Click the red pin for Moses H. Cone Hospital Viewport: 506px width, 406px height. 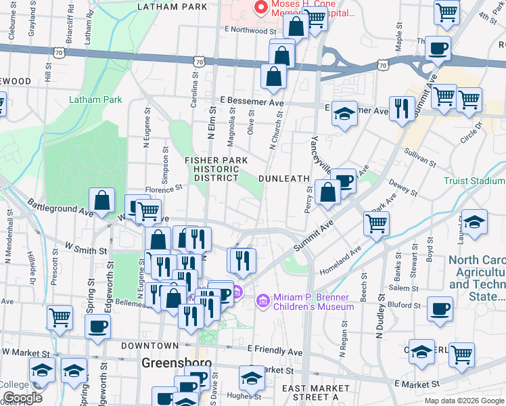pyautogui.click(x=259, y=8)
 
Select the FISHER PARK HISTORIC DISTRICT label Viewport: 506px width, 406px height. pyautogui.click(x=212, y=168)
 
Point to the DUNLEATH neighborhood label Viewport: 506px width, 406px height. pyautogui.click(x=284, y=178)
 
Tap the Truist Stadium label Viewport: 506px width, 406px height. pyautogui.click(x=474, y=181)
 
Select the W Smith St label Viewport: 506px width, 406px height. pyautogui.click(x=86, y=248)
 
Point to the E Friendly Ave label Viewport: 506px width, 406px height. pyautogui.click(x=275, y=352)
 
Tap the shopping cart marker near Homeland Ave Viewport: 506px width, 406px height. pyautogui.click(x=376, y=223)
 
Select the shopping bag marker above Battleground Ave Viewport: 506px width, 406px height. pyautogui.click(x=101, y=200)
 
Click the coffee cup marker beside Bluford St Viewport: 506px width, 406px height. pyautogui.click(x=441, y=309)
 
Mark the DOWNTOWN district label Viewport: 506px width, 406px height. pyautogui.click(x=149, y=346)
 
